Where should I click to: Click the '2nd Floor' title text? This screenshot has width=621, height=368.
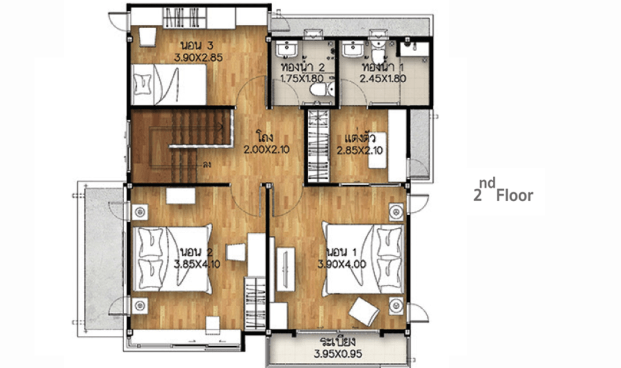pos(503,190)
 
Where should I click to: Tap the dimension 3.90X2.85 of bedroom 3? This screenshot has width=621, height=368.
pos(198,57)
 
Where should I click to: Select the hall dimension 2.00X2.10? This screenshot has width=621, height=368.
pos(267,149)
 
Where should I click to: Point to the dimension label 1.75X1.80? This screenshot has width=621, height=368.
pos(302,78)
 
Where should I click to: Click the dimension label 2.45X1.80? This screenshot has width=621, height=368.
pos(383,78)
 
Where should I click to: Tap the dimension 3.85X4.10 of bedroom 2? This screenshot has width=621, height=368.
pos(197,264)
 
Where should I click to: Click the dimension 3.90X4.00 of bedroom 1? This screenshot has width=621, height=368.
pos(342,264)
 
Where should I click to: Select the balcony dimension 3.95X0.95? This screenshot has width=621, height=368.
pos(338,354)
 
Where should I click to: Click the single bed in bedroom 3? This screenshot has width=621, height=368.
pos(169,85)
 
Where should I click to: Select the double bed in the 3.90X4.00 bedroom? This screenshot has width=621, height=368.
pos(363,259)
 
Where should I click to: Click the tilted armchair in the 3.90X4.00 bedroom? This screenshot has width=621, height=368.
pos(364,312)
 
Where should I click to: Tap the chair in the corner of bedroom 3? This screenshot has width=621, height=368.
pos(147,37)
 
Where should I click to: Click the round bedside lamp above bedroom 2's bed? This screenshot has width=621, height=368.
pos(140,212)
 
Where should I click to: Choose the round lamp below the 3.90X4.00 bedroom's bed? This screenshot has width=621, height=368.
pos(396,305)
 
